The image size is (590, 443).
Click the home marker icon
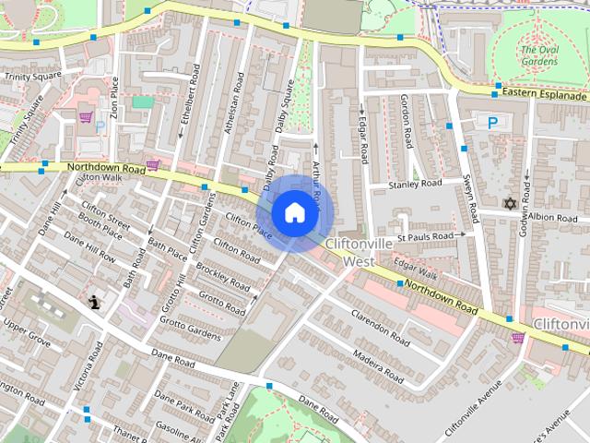click(293, 213)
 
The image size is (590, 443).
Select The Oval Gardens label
click(538, 55)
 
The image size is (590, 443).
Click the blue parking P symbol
click(493, 122)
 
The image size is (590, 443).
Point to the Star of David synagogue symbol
click(508, 203)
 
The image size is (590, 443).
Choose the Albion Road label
click(552, 216)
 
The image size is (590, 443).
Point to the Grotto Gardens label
click(190, 329)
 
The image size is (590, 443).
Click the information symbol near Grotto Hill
click(94, 301)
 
